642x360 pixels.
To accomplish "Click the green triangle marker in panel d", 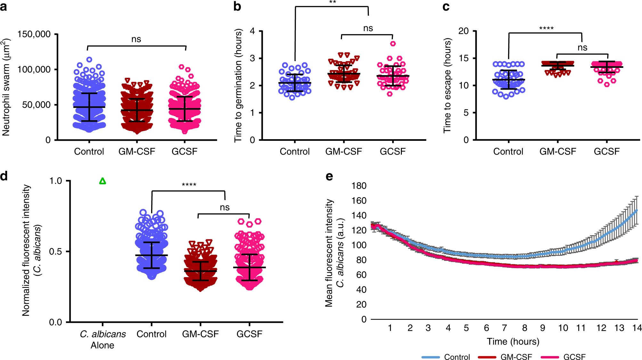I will coord(102,181).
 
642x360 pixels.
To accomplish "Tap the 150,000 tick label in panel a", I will coord(34,34).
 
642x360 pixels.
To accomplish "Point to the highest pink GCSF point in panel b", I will coord(393,44).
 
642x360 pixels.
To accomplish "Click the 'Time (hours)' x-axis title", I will coord(513,341).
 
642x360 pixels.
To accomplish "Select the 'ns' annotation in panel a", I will coord(136,39).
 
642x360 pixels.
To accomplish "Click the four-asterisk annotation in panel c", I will coord(546,28).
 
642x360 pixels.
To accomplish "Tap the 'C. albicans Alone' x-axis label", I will coord(102,340).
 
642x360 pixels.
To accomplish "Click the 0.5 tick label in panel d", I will coord(55,252).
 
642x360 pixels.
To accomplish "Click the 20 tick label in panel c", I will coord(463,31).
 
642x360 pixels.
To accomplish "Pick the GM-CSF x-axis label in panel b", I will coord(344,151).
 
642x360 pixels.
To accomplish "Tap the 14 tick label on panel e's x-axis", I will coord(637,328).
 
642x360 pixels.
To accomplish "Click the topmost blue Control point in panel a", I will coord(89,60).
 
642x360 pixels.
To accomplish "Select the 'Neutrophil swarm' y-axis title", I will coord(6,87).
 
